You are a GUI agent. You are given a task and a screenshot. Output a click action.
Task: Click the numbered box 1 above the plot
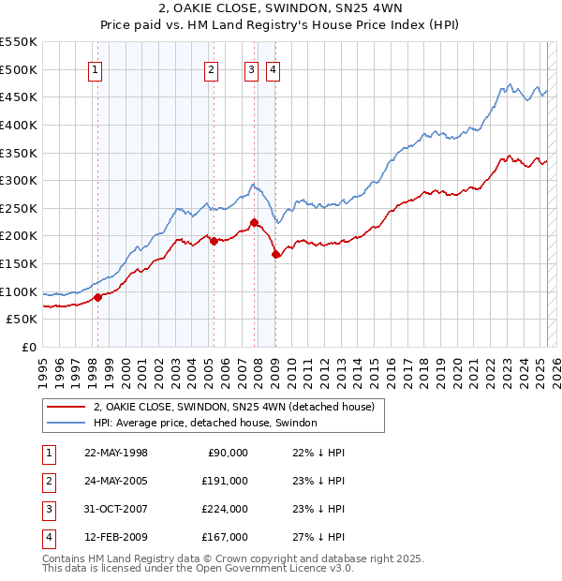pos(96,68)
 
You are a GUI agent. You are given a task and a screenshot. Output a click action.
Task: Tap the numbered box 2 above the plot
pos(212,68)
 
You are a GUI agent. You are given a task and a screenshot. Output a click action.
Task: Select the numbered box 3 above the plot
pos(252,68)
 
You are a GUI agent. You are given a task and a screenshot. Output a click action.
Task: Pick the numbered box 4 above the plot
pos(273,68)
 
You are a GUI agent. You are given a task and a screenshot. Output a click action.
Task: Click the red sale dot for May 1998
pos(97,297)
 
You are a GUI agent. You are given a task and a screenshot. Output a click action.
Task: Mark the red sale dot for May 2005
pos(214,241)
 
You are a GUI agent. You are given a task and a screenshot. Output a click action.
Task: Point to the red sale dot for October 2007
pos(254,223)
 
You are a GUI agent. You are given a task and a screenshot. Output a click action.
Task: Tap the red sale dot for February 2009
pos(275,254)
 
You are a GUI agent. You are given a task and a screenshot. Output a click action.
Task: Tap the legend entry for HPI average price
pos(205,423)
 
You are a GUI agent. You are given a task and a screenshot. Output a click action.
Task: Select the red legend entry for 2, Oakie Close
pos(234,407)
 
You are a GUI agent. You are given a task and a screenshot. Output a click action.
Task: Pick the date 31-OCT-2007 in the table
pos(116,509)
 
